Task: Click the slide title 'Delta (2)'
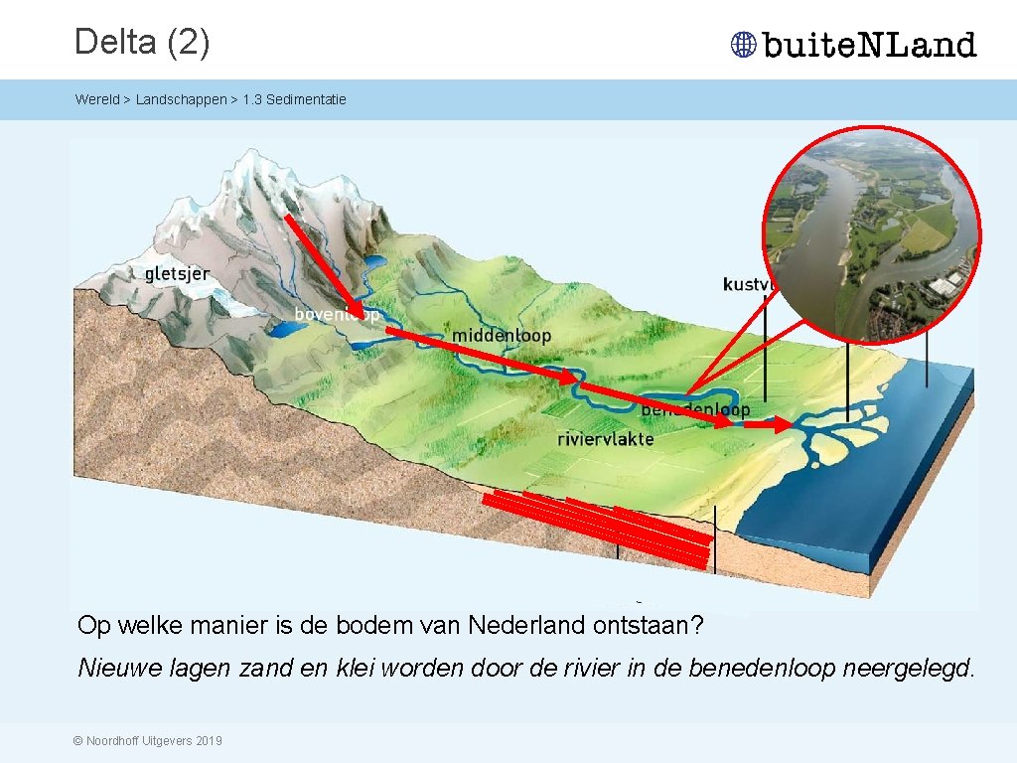click(142, 42)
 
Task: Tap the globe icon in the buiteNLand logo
click(743, 45)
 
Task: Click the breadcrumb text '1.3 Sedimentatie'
click(294, 99)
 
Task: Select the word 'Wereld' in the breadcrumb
click(96, 99)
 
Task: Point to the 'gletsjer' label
click(177, 272)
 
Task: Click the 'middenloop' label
click(501, 336)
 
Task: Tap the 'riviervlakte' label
click(605, 438)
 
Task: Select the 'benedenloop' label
click(695, 409)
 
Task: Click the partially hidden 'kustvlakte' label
click(745, 284)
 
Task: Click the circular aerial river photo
click(871, 233)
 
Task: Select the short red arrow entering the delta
click(768, 424)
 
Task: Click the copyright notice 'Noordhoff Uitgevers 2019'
click(148, 741)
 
